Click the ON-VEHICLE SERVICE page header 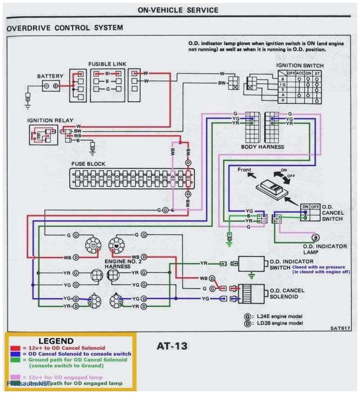click(178, 10)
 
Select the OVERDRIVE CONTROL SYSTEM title click(65, 28)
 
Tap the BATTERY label click(50, 76)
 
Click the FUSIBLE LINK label click(107, 64)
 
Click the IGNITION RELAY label click(50, 120)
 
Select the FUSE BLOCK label click(88, 163)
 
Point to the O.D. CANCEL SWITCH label click(332, 213)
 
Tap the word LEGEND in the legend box click(55, 340)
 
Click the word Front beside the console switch click(245, 170)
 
